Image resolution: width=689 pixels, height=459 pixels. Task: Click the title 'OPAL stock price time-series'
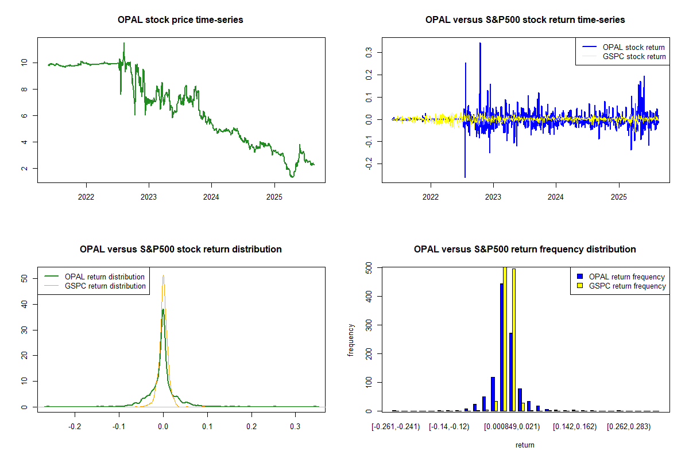click(x=180, y=20)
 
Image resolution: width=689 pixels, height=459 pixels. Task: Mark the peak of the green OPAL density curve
click(x=163, y=310)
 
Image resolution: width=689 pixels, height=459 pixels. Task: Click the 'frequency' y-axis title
click(x=351, y=340)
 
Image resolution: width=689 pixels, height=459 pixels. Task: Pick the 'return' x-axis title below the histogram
click(x=525, y=445)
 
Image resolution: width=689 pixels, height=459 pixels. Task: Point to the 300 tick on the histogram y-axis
click(x=371, y=353)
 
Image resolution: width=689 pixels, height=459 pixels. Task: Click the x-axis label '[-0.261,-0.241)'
click(x=396, y=427)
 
